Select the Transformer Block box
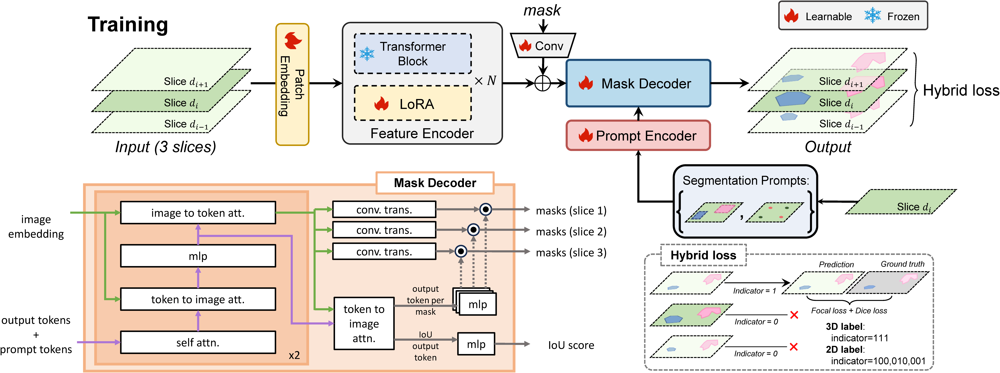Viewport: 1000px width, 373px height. click(413, 54)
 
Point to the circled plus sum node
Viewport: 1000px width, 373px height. click(543, 83)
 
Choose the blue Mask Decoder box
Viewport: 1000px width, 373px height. click(638, 83)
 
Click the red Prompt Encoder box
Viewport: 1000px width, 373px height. click(638, 135)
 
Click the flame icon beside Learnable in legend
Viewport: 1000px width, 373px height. click(791, 16)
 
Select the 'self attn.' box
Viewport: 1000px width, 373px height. click(198, 342)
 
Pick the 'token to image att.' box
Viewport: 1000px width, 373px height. click(198, 299)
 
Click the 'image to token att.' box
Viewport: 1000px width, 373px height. click(198, 213)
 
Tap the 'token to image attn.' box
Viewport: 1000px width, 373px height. click(364, 323)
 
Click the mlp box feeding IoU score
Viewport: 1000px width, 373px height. click(476, 344)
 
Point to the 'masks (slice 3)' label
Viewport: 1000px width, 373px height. click(571, 253)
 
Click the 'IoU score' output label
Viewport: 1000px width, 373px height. click(571, 345)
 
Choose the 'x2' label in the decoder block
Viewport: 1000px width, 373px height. click(294, 355)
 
